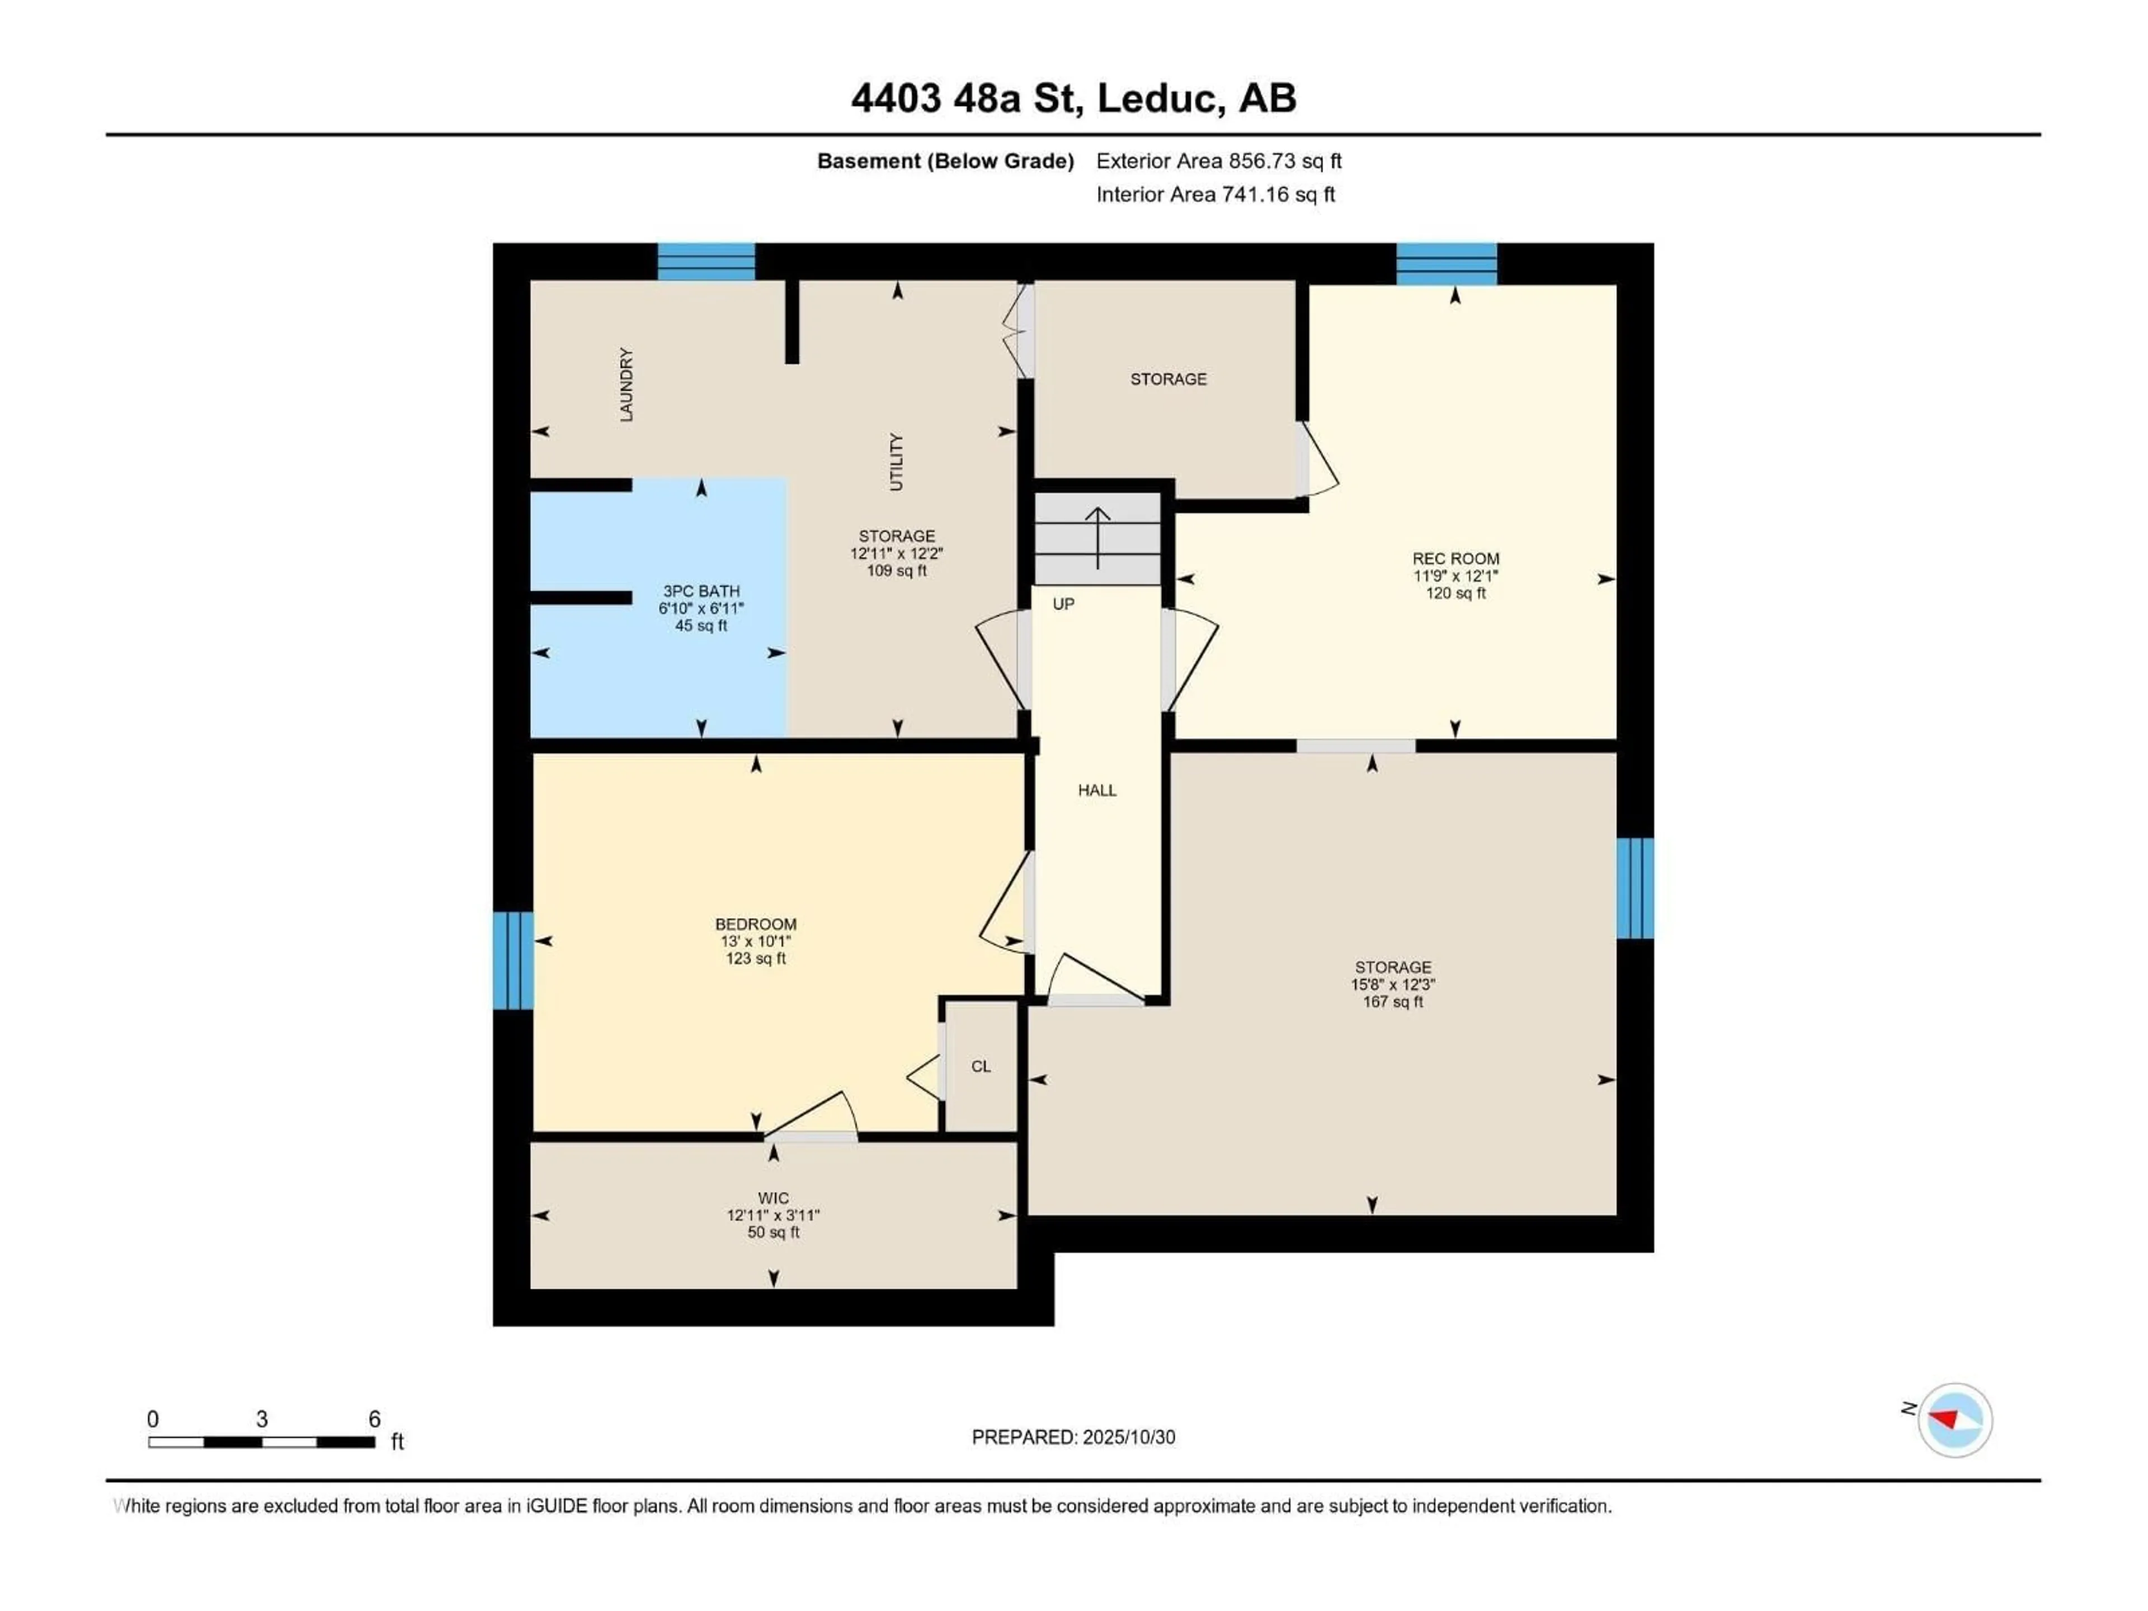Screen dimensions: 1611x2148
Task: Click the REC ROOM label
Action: [x=1455, y=558]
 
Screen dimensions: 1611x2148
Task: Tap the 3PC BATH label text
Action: [x=701, y=590]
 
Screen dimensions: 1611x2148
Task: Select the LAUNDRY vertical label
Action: [x=626, y=384]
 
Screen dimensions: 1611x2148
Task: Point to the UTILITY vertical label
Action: [x=896, y=461]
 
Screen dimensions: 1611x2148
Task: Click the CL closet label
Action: [x=981, y=1066]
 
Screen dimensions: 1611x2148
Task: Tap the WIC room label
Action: [x=773, y=1198]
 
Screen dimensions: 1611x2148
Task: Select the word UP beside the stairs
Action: [x=1063, y=604]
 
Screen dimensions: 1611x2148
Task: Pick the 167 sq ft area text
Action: [x=1392, y=1001]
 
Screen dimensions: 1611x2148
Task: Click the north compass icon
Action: [x=1955, y=1420]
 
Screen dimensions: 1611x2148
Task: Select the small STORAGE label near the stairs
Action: [x=1168, y=379]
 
